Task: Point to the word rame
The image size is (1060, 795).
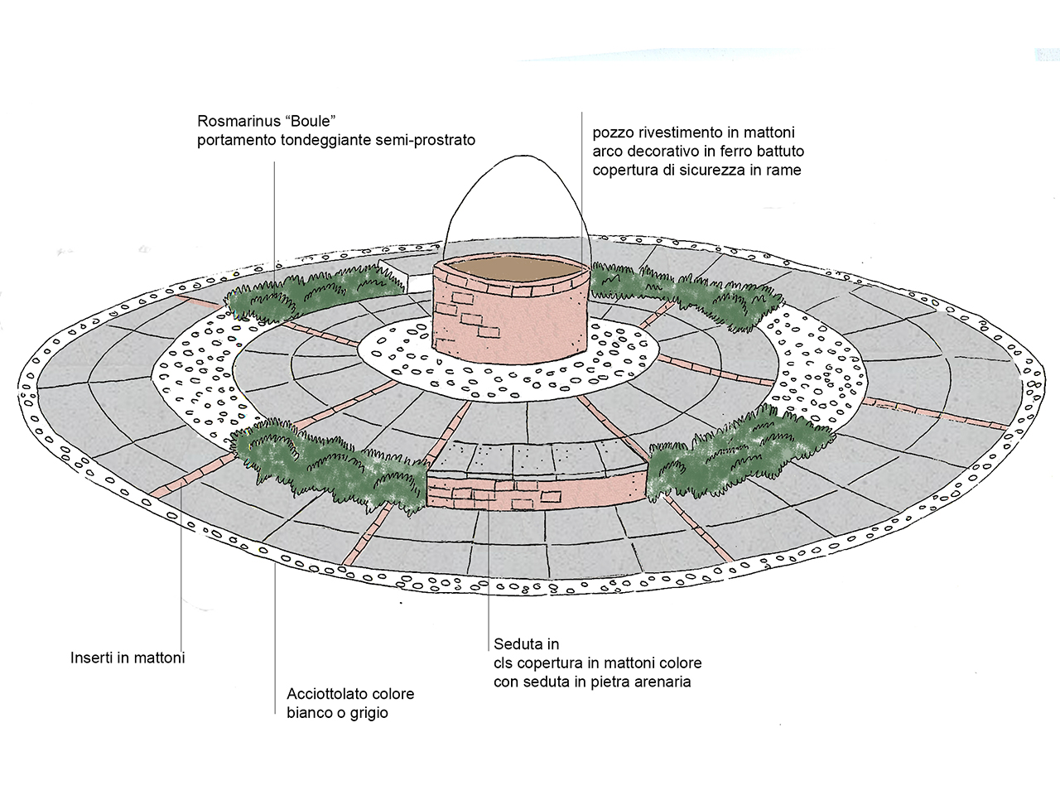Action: (784, 171)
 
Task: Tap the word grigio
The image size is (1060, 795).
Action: (364, 713)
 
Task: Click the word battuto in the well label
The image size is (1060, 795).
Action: (778, 152)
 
